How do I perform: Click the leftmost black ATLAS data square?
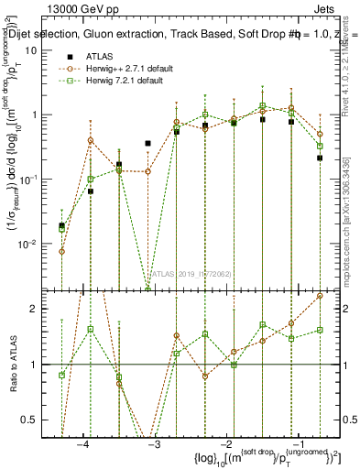(x=61, y=225)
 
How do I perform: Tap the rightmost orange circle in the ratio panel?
(x=320, y=296)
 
